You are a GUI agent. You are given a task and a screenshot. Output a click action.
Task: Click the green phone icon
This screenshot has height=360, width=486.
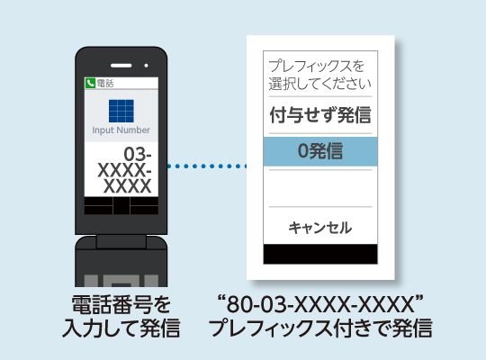click(x=90, y=83)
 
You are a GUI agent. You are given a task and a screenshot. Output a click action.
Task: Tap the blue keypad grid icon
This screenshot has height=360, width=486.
click(x=121, y=111)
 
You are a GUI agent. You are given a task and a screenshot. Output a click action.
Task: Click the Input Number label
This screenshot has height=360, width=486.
click(x=121, y=130)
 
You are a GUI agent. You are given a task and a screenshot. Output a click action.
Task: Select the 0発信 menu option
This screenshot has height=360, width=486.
click(x=320, y=151)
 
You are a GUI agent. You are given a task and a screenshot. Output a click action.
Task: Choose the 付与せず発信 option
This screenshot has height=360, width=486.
click(x=320, y=114)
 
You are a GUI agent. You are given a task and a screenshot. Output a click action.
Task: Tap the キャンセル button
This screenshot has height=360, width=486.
click(x=320, y=228)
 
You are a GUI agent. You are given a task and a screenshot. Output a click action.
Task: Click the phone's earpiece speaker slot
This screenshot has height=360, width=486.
click(x=121, y=66)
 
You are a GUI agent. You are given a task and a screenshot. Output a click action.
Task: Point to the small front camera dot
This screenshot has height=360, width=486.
click(x=147, y=66)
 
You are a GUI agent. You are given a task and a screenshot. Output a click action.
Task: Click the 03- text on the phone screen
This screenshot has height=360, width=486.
click(x=138, y=154)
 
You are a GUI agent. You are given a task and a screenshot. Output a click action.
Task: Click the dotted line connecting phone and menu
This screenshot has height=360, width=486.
click(x=207, y=166)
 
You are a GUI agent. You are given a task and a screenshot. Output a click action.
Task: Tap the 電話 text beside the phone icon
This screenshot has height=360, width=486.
click(x=105, y=83)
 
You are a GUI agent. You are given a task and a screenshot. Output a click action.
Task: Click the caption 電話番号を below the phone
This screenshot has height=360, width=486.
click(x=121, y=304)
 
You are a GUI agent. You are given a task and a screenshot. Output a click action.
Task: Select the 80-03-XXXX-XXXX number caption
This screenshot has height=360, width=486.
click(x=320, y=304)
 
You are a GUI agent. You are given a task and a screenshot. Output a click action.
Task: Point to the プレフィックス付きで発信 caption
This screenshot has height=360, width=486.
click(x=320, y=328)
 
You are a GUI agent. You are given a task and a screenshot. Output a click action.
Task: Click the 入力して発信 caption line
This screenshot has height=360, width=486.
click(x=121, y=328)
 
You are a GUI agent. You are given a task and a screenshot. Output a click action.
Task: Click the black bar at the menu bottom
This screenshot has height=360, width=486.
click(x=320, y=254)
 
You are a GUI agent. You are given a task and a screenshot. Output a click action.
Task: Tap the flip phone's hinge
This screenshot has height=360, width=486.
click(x=121, y=241)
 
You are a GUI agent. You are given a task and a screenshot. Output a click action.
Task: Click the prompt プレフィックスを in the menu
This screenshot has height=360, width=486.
click(x=317, y=66)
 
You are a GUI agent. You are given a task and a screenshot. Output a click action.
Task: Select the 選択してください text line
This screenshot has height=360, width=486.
click(x=319, y=84)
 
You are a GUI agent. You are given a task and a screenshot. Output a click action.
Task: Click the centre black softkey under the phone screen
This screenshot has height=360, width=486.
click(x=121, y=205)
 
